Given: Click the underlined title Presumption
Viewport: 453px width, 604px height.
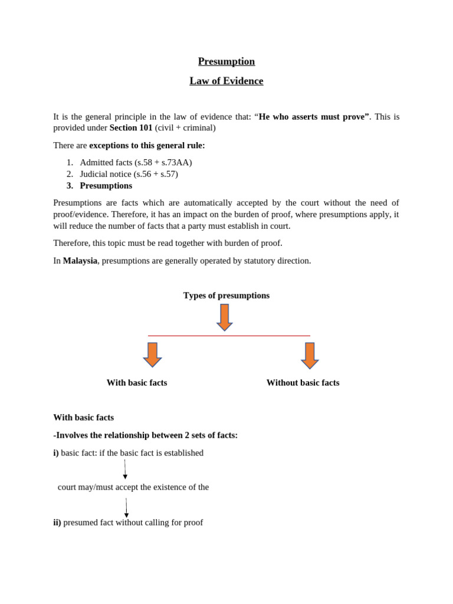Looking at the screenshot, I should pos(226,61).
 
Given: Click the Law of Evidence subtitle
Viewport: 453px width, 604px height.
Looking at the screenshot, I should pos(226,81).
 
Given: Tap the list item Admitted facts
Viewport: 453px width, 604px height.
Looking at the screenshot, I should pos(136,162).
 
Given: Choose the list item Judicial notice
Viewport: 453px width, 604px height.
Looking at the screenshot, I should pos(129,174).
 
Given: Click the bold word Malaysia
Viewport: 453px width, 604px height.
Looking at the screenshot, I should pos(80,260).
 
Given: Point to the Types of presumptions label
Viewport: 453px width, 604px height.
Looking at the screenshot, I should pos(226,296).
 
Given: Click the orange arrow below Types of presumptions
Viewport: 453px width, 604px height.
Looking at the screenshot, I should pos(225,317).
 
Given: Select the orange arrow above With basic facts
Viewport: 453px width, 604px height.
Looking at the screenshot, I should pos(153,354).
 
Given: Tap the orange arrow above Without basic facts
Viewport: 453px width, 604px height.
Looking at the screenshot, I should pos(310,355).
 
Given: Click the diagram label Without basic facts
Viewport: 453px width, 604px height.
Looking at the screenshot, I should pos(303,383).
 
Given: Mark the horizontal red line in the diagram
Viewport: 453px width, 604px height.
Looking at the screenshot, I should pos(229,336).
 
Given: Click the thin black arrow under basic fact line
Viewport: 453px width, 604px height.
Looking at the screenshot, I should pos(125,470).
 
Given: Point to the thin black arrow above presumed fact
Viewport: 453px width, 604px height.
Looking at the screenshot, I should pos(126,507).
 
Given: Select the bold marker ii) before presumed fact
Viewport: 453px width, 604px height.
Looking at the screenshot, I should pos(57,523).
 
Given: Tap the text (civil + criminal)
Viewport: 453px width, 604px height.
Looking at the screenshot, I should pos(185,127).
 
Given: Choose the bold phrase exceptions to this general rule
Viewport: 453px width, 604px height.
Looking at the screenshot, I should pos(147,145).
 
